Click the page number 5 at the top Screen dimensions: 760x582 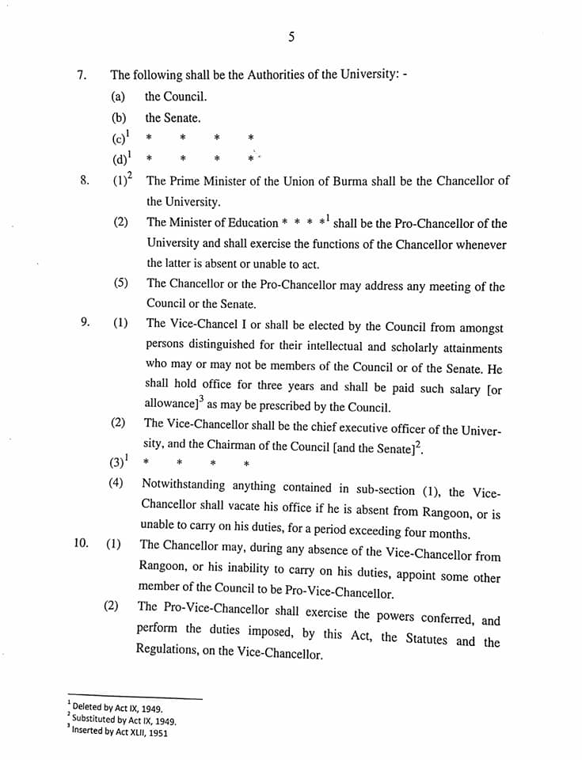click(x=291, y=36)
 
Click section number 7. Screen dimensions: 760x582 click(x=81, y=75)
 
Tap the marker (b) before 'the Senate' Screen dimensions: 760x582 click(x=120, y=118)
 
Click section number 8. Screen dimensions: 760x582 click(x=84, y=180)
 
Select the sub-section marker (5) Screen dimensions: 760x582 click(x=120, y=283)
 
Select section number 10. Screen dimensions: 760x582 click(x=80, y=544)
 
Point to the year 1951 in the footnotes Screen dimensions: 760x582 click(x=154, y=732)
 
